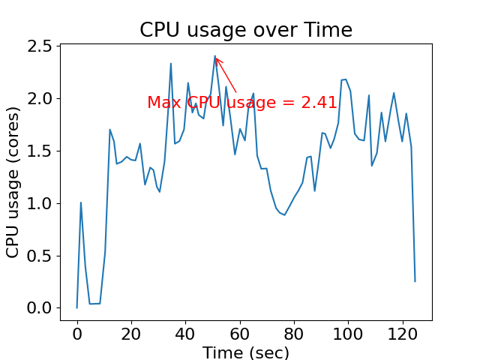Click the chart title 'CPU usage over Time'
point(246,30)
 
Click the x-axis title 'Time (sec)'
point(246,352)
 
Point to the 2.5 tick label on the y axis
point(37,46)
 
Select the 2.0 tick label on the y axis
point(37,99)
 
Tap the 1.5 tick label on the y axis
point(37,151)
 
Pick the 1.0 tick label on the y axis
point(37,204)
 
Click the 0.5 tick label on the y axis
point(37,256)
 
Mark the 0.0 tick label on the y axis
point(37,308)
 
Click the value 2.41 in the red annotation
point(319,103)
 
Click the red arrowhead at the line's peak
point(217,58)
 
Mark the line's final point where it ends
point(415,281)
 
